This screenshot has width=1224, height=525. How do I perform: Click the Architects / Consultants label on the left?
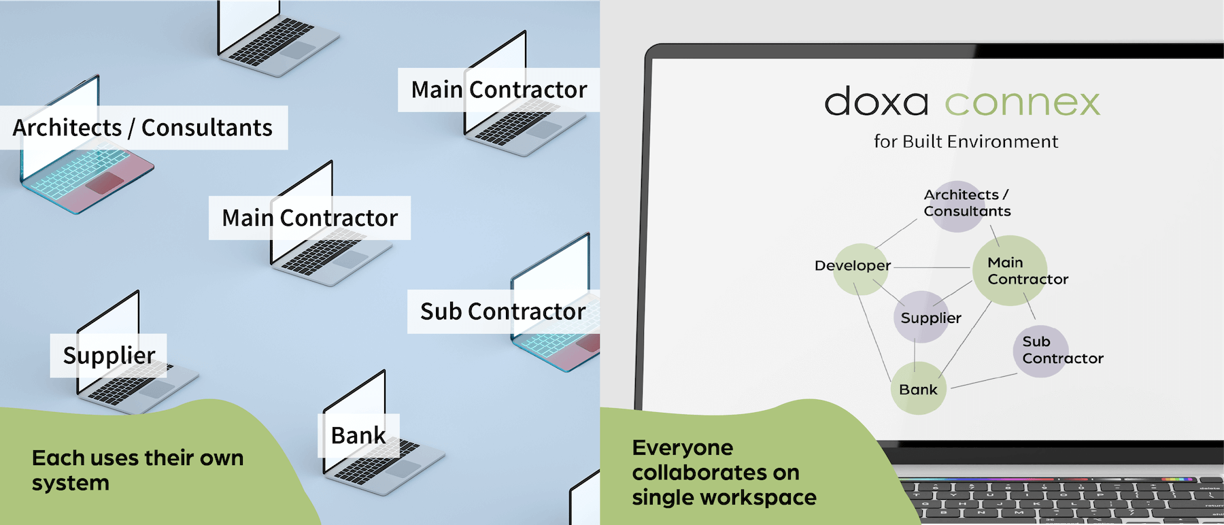coord(143,128)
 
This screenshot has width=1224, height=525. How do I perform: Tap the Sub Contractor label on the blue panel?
coord(503,311)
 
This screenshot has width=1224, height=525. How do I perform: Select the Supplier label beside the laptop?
coord(109,356)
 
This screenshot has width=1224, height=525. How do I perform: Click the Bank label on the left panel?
coord(358,435)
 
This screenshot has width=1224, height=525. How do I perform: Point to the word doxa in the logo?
coord(877,103)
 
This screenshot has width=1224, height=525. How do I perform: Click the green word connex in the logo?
coord(1022,103)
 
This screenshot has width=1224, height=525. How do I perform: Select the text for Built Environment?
coord(966,141)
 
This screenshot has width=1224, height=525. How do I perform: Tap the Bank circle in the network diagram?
coord(918,389)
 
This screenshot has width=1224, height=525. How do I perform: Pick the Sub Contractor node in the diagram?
coord(1040,351)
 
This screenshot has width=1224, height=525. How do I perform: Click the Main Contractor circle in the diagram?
coord(1009,270)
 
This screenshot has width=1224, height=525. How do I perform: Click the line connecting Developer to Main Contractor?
coord(932,267)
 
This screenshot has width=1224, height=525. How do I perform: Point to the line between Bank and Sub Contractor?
coord(983,382)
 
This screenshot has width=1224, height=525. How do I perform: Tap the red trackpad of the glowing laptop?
coord(104,182)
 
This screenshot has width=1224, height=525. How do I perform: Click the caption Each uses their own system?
coord(137,470)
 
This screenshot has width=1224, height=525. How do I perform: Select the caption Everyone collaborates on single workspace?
coord(724,473)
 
